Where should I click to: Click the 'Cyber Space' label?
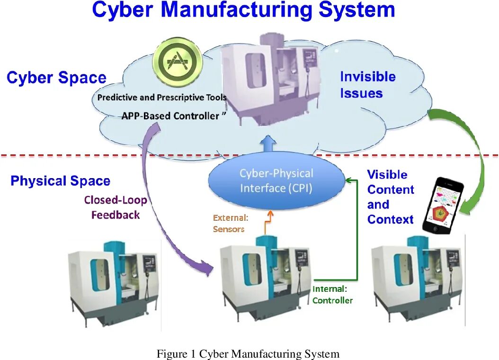[56, 78]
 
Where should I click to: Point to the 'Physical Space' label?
[60, 181]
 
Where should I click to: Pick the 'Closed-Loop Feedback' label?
[116, 207]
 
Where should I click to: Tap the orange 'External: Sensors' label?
[231, 224]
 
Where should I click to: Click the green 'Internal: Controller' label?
[332, 294]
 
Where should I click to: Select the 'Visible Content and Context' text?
[391, 197]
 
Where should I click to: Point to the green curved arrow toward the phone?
[473, 156]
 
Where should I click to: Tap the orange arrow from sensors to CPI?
[268, 223]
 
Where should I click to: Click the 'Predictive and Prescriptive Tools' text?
[161, 98]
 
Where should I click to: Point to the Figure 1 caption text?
[248, 354]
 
